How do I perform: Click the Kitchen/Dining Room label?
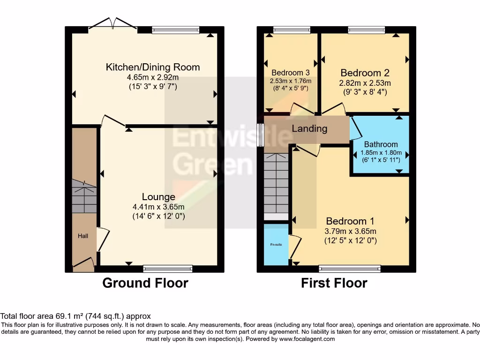(x=153, y=67)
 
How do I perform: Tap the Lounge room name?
(x=159, y=197)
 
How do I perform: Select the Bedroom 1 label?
(x=350, y=221)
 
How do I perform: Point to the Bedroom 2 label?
(x=365, y=73)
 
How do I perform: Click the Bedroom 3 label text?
(x=291, y=73)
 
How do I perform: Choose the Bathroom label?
(x=381, y=144)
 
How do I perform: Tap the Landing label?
(x=309, y=128)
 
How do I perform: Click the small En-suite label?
(x=276, y=245)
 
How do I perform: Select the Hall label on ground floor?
(x=83, y=236)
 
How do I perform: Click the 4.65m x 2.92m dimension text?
(x=153, y=77)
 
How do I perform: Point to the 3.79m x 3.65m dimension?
(x=350, y=231)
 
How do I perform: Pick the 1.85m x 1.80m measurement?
(x=381, y=152)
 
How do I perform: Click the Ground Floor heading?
(x=145, y=283)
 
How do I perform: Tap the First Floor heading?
(x=334, y=283)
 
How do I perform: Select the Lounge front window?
(x=167, y=269)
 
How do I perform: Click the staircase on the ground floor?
(x=84, y=197)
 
